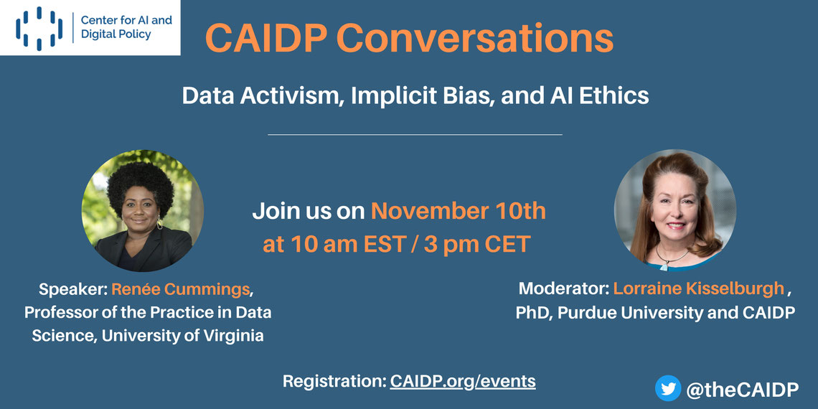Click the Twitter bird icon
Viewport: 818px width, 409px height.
tap(668, 388)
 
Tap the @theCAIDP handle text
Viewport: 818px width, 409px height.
tap(743, 390)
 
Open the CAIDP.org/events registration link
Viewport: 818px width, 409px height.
tap(463, 381)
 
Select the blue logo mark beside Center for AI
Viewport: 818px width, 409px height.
tap(39, 28)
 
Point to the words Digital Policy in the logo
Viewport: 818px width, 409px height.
tap(116, 35)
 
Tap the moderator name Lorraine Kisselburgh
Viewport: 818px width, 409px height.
tap(699, 288)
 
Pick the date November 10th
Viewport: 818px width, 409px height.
tap(459, 212)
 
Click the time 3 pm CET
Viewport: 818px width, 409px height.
tap(477, 244)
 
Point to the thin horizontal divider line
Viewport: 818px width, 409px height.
tap(415, 135)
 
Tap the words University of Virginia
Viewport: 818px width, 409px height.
tap(182, 335)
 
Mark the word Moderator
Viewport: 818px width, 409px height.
tap(563, 288)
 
